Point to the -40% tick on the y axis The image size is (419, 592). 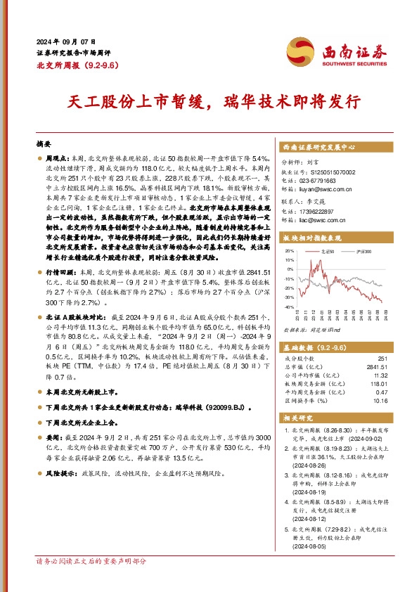pyautogui.click(x=290, y=307)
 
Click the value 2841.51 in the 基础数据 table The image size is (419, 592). pyautogui.click(x=377, y=366)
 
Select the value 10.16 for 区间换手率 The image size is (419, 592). pyautogui.click(x=381, y=401)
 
